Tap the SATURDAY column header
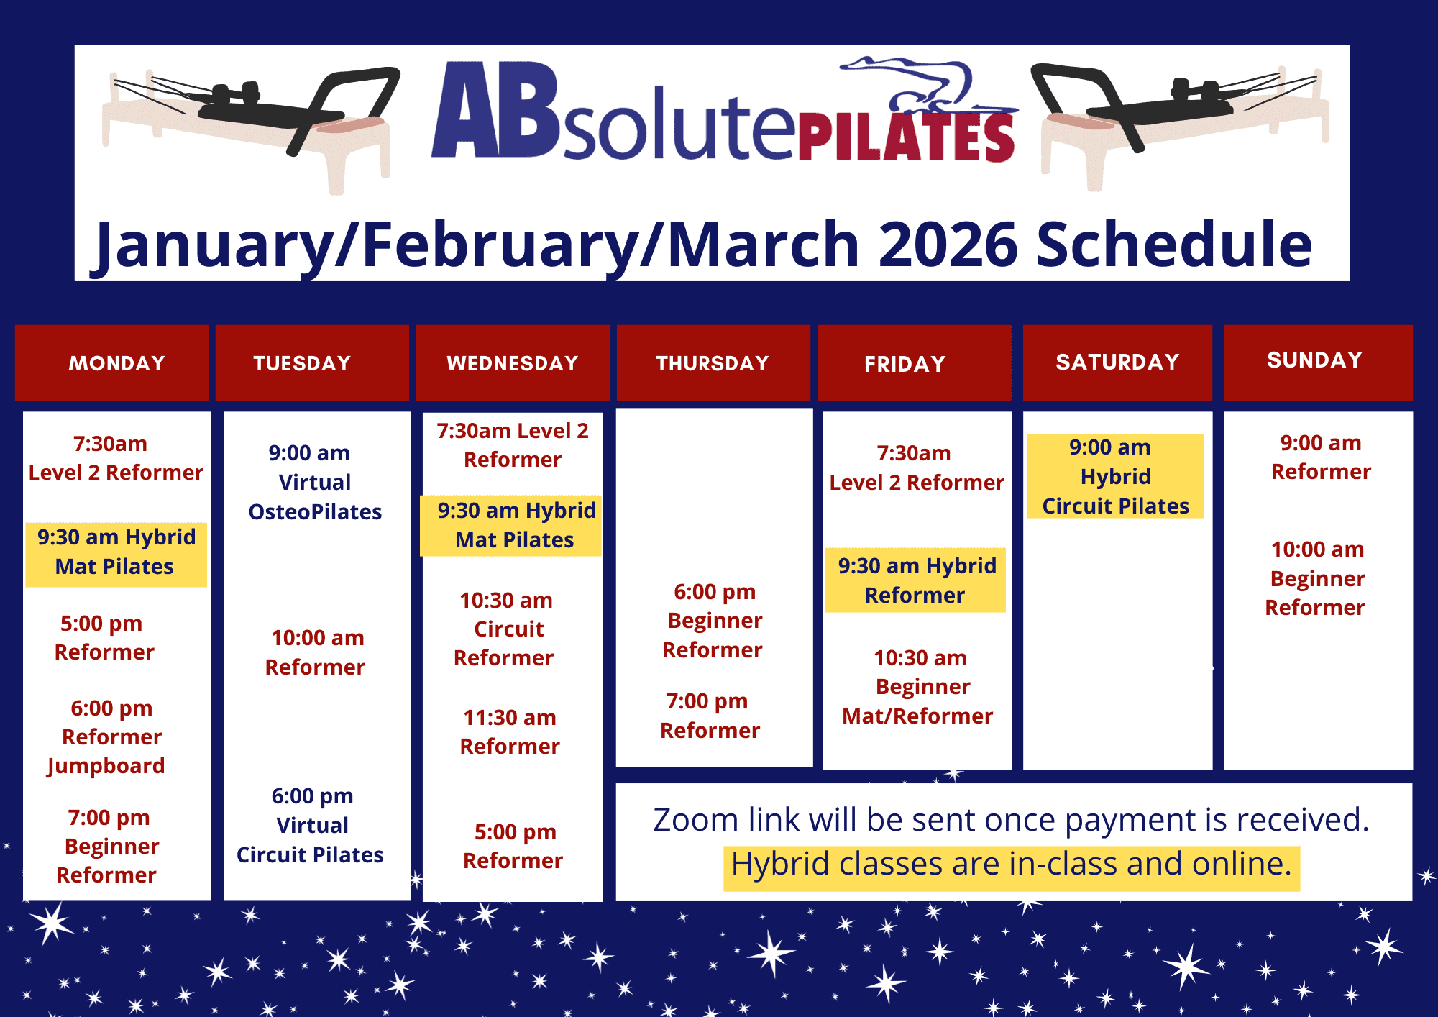tap(1117, 362)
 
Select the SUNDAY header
tap(1318, 360)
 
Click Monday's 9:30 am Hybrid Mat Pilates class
tap(116, 552)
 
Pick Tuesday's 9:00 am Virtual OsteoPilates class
tap(315, 482)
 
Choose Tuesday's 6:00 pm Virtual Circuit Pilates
tap(311, 825)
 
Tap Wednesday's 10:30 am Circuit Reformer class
tap(505, 629)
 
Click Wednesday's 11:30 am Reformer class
tap(510, 731)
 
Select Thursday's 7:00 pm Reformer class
tap(710, 716)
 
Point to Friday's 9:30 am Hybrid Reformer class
tap(916, 580)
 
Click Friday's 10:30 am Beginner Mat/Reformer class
tap(917, 687)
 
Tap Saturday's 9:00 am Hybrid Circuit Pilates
tap(1115, 476)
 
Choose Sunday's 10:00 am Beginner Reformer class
tap(1316, 578)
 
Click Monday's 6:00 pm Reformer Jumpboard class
tap(107, 736)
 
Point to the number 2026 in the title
tap(949, 243)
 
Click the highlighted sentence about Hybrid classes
tap(1012, 864)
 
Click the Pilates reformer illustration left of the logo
tap(250, 128)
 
